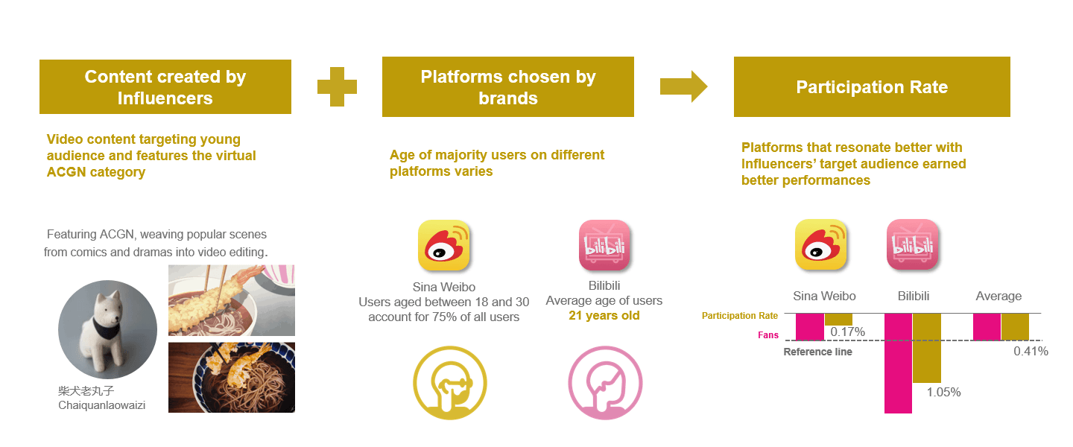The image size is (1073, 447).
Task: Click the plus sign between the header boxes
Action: coord(338,86)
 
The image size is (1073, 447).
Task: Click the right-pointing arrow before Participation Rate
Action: coord(683,86)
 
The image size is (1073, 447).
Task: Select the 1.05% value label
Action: coord(943,393)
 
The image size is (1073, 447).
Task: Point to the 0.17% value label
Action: coord(847,332)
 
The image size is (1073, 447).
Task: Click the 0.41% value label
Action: coord(1031,351)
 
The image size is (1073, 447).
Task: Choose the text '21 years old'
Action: coord(604,316)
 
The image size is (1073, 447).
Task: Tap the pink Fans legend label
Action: coord(767,335)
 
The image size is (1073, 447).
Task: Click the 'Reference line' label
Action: coord(817,352)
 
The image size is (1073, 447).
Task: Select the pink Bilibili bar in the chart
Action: coord(898,363)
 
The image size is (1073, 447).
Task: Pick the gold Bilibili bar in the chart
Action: coord(927,349)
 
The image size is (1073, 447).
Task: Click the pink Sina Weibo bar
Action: coord(810,327)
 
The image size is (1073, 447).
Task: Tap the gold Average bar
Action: coord(1015,327)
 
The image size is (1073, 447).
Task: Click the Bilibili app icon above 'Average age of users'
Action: coord(604,245)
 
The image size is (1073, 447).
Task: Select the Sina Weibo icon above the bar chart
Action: coord(821,244)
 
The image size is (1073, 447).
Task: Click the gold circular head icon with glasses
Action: coord(450,383)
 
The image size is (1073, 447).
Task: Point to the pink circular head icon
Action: coord(605,383)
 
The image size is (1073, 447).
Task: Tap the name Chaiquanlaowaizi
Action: coord(101,405)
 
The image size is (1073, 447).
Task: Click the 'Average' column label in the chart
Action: coord(998,296)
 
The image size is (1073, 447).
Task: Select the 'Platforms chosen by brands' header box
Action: coord(508,86)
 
